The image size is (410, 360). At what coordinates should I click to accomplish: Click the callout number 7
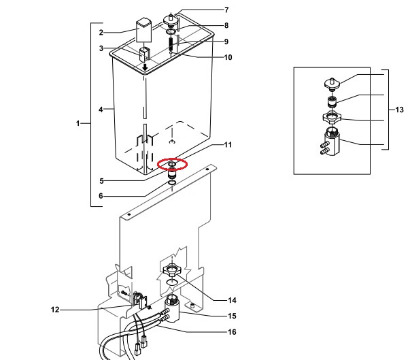tap(226, 10)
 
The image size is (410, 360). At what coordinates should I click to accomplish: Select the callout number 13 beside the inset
tap(399, 110)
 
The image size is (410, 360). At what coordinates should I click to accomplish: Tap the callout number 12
tap(55, 310)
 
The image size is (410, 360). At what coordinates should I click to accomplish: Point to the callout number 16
tap(232, 332)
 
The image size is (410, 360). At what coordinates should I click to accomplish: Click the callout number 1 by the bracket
tap(78, 123)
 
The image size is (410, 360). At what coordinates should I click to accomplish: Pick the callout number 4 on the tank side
tap(101, 110)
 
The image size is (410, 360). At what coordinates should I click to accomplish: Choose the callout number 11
tap(228, 145)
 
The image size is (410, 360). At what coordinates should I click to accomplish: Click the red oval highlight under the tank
tap(172, 164)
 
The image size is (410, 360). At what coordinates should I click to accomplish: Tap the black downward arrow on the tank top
tap(145, 67)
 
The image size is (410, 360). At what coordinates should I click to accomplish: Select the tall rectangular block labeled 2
tap(144, 30)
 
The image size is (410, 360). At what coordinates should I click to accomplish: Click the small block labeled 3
tap(144, 54)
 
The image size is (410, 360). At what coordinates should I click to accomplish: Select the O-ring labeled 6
tap(172, 182)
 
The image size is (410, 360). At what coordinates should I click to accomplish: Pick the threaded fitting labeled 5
tap(171, 174)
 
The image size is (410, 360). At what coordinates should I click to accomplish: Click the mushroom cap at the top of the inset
tap(332, 84)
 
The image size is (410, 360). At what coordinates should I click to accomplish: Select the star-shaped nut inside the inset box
tap(332, 118)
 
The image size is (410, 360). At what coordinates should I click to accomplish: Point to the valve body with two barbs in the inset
tap(330, 142)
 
